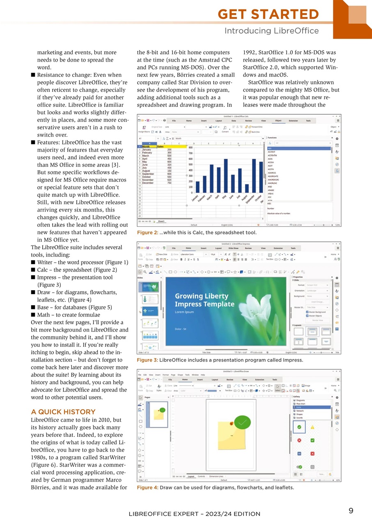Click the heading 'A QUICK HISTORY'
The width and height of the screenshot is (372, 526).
tap(63, 412)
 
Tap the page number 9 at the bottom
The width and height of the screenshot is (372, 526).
tap(351, 511)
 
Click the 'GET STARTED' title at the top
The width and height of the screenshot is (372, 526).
tap(268, 14)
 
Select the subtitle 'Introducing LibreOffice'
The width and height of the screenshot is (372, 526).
tap(271, 31)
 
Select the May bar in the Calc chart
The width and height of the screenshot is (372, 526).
tap(226, 175)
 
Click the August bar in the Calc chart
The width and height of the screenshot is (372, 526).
tap(247, 188)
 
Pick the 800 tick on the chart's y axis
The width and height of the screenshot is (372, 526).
tap(191, 148)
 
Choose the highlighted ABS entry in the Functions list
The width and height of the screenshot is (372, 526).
tap(299, 148)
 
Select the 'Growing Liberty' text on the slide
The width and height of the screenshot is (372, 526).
tap(201, 296)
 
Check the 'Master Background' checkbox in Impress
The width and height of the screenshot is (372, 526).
tap(308, 312)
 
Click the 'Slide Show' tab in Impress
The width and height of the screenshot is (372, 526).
tap(233, 248)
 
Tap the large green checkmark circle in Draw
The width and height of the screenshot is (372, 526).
tap(242, 421)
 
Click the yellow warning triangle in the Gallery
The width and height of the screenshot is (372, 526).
tap(312, 427)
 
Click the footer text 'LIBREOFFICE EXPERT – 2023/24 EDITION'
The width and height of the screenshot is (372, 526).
tap(194, 514)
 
